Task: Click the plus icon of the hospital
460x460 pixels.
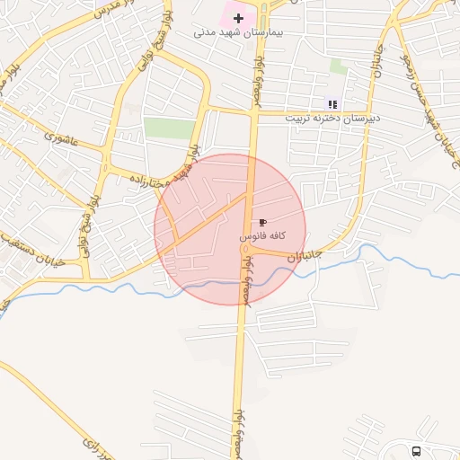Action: coord(238,18)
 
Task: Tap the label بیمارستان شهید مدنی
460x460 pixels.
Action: coord(238,32)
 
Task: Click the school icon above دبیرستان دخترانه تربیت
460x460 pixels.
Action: coord(332,104)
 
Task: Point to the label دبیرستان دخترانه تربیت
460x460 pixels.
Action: coord(333,118)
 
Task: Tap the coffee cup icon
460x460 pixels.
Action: coord(262,221)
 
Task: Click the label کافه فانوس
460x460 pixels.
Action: coord(262,234)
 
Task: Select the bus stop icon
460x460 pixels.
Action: coord(416,451)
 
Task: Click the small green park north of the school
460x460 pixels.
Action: coord(338,66)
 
